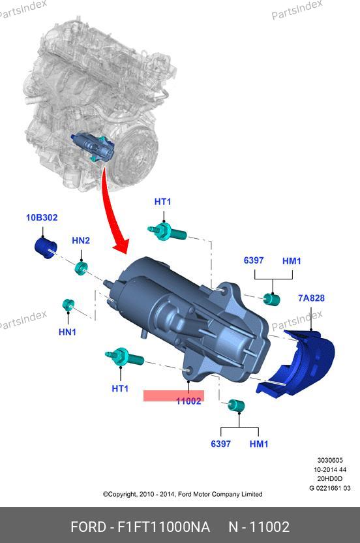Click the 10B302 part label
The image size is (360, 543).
coord(42,217)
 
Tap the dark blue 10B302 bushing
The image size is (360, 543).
coord(46,248)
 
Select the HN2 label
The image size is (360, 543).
coord(81,240)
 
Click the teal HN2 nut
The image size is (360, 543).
coord(82,268)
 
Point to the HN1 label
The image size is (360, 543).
coord(67,332)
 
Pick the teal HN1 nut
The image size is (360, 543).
coord(68,304)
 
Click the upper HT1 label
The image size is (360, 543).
coord(162,202)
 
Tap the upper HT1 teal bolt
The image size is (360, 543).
coord(167,231)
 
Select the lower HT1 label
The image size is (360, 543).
coord(120,388)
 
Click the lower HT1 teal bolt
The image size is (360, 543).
coord(125,356)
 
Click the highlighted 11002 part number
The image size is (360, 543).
coord(188,401)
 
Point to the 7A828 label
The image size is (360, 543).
coord(311,298)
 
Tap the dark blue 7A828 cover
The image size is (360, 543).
coord(297,362)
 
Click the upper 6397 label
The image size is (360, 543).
coord(254,260)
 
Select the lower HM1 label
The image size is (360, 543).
coord(258,444)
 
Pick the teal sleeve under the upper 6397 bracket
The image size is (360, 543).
coord(271,299)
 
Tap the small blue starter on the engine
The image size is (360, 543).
coord(93,148)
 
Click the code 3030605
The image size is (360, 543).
coord(330,460)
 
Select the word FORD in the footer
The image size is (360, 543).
coord(88,527)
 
